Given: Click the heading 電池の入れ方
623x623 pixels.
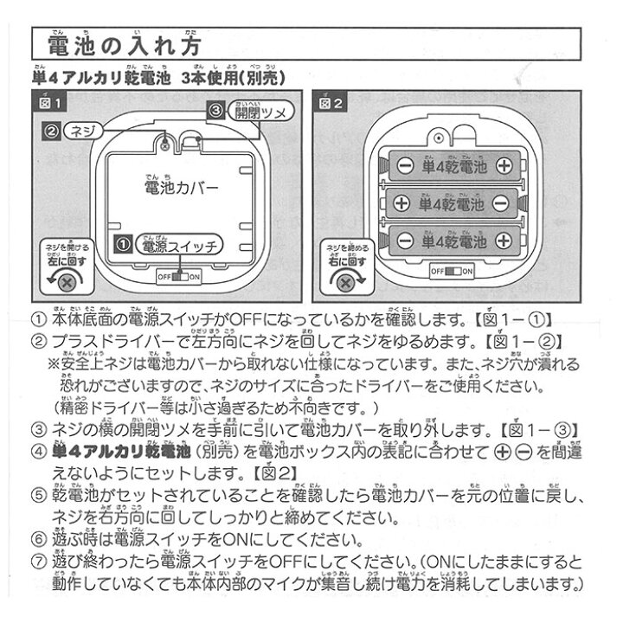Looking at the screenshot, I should point(126,45).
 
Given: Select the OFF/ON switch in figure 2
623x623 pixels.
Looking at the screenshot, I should point(452,271).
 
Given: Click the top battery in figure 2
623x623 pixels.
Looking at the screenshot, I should point(451,164).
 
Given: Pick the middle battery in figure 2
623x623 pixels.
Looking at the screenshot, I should point(451,203).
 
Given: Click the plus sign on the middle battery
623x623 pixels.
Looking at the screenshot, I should point(401,204).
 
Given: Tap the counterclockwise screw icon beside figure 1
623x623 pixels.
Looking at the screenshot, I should point(67,282).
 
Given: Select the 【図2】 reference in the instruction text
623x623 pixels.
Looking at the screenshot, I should point(251,472).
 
